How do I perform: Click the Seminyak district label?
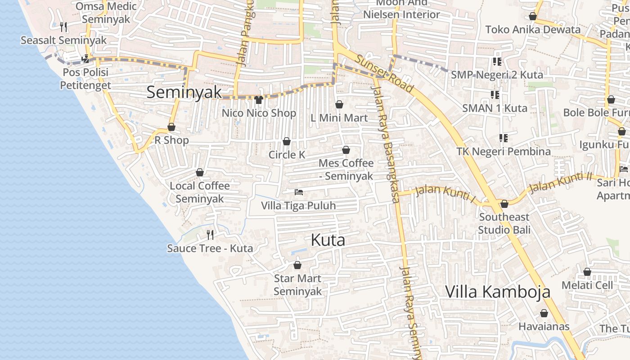pos(184,92)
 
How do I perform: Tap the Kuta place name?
pos(328,240)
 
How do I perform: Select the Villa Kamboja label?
pos(498,292)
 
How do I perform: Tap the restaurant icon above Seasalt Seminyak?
pos(63,27)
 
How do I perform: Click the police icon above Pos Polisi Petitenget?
pos(85,58)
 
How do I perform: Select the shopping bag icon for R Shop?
pos(171,127)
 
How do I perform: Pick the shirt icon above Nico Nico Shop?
pos(259,99)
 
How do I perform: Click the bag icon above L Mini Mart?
pos(339,104)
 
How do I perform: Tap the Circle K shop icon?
pos(287,142)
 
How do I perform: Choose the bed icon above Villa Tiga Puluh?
pos(298,192)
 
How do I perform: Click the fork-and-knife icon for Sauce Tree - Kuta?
pos(210,234)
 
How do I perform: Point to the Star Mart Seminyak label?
pos(297,285)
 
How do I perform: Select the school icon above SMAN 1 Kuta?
pos(495,95)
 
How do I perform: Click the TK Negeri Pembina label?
pos(504,151)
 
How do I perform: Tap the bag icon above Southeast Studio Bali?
pos(504,204)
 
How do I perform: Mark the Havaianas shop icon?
pos(544,313)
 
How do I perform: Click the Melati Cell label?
pos(587,285)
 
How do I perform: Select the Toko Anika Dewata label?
pos(533,30)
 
